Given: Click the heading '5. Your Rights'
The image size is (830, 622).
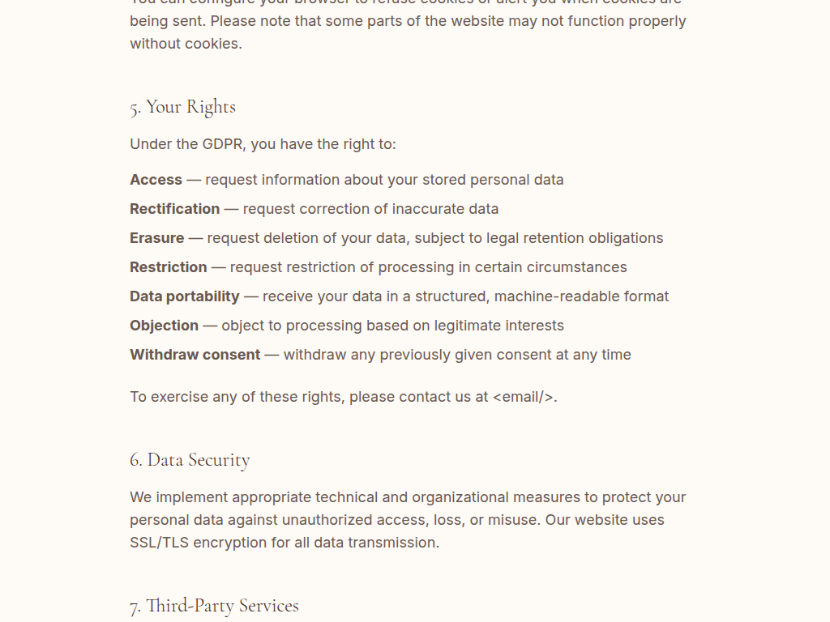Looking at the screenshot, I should pyautogui.click(x=182, y=107).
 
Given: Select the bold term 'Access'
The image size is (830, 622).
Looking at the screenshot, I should pyautogui.click(x=156, y=180).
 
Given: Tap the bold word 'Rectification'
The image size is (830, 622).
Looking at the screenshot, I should pyautogui.click(x=174, y=209).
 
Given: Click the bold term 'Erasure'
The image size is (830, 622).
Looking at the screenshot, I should pyautogui.click(x=156, y=238).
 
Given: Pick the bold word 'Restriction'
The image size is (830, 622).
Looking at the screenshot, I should pyautogui.click(x=168, y=267).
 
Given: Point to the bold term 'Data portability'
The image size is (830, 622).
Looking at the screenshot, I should pyautogui.click(x=184, y=296).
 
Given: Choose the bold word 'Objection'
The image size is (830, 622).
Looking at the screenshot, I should pyautogui.click(x=164, y=326).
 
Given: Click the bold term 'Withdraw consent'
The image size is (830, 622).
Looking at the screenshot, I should pyautogui.click(x=195, y=355).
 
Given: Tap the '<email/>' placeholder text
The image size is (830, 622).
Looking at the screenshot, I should pyautogui.click(x=524, y=397).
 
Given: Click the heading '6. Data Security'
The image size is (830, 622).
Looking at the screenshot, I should pyautogui.click(x=190, y=460).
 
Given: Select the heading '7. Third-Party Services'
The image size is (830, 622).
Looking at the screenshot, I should pyautogui.click(x=214, y=606).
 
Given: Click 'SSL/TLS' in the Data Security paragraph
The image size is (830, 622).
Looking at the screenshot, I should pyautogui.click(x=159, y=543).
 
